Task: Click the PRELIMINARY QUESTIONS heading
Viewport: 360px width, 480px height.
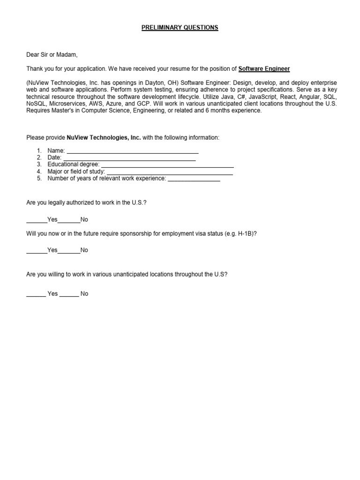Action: tap(180, 28)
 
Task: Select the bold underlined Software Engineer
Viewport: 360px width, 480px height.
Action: tap(264, 69)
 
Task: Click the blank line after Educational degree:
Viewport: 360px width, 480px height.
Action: tap(167, 165)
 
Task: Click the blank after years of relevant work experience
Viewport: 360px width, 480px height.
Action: tap(194, 179)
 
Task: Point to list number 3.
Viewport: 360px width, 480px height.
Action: tap(39, 165)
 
